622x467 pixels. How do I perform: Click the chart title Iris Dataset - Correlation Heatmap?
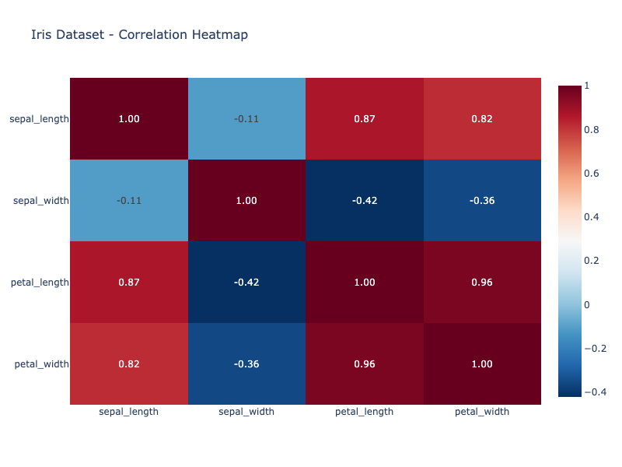[x=139, y=34]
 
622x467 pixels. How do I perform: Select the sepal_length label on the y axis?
[x=39, y=119]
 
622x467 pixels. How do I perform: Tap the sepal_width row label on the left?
[x=41, y=201]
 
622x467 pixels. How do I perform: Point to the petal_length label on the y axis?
[x=40, y=283]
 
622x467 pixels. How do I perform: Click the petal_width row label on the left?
[x=42, y=363]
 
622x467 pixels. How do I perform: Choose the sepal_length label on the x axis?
[x=128, y=412]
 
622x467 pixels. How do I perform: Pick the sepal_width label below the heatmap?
[x=246, y=412]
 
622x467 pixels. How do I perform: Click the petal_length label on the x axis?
[x=364, y=412]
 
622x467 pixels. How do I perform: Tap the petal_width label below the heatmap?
[x=482, y=412]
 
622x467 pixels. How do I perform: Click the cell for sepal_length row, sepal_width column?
[x=246, y=119]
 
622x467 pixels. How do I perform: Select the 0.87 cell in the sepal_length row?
[x=364, y=119]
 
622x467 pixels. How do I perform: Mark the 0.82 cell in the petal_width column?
[x=482, y=119]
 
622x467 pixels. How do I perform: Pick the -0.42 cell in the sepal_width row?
[x=364, y=201]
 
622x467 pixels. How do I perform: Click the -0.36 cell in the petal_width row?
[x=246, y=363]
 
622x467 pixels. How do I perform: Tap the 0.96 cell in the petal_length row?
[x=482, y=283]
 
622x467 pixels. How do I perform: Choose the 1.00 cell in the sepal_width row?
[x=246, y=201]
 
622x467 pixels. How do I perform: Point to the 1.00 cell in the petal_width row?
[x=482, y=363]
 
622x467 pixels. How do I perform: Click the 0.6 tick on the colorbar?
[x=592, y=174]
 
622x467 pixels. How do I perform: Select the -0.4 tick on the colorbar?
[x=595, y=392]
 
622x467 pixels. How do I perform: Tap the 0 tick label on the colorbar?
[x=587, y=304]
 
